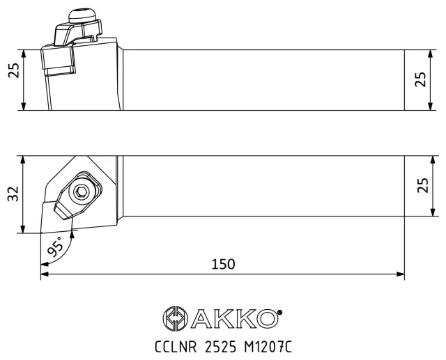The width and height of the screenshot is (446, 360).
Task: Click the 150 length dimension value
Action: click(x=223, y=264)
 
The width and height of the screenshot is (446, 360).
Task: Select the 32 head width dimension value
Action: click(x=13, y=194)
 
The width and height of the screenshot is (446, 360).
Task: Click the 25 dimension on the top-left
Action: click(x=14, y=70)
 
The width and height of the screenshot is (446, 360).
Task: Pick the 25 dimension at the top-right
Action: click(x=421, y=79)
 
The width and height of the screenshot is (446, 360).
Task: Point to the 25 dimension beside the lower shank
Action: click(x=423, y=185)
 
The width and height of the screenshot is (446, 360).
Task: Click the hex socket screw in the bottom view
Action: click(x=82, y=193)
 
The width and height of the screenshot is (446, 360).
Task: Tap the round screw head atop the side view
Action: click(x=82, y=16)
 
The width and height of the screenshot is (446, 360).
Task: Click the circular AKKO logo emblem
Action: click(x=176, y=318)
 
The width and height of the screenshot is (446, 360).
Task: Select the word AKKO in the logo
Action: click(x=234, y=318)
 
